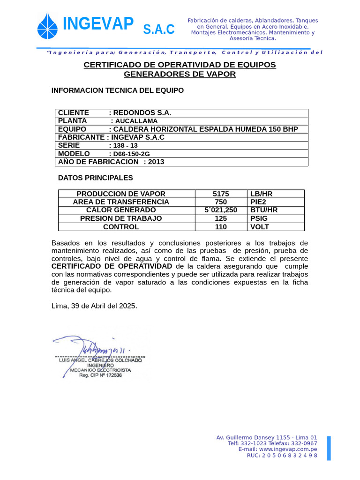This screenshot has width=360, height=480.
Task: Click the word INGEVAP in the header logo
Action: coord(98,23)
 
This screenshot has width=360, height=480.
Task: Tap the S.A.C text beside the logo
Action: coord(159,29)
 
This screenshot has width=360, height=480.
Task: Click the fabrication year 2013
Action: coord(156,162)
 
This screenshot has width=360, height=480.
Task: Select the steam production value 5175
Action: coord(221,194)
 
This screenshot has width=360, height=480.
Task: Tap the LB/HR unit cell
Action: coord(261,194)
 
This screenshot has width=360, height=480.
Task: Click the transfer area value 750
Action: coord(221,202)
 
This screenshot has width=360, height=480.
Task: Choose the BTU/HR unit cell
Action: coord(264,210)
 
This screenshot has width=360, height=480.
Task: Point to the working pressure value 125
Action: coord(221,218)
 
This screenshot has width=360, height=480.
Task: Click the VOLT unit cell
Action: coord(260,227)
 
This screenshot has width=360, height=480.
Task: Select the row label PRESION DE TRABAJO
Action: coord(121,218)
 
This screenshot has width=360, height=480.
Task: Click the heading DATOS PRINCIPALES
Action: coord(95,178)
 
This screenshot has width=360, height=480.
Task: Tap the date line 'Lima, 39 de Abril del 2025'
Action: coord(94,306)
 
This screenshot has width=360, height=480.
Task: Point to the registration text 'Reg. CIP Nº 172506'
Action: coord(100,375)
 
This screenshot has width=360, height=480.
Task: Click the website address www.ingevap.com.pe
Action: coord(288,449)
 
